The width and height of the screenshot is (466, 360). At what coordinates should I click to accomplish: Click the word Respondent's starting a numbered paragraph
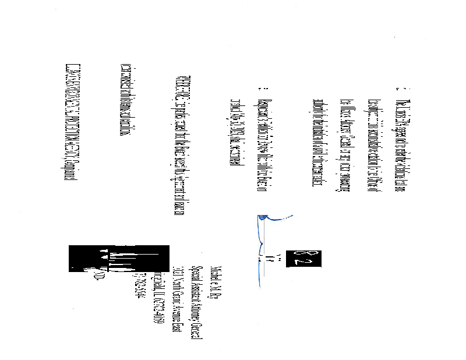[x=259, y=104]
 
